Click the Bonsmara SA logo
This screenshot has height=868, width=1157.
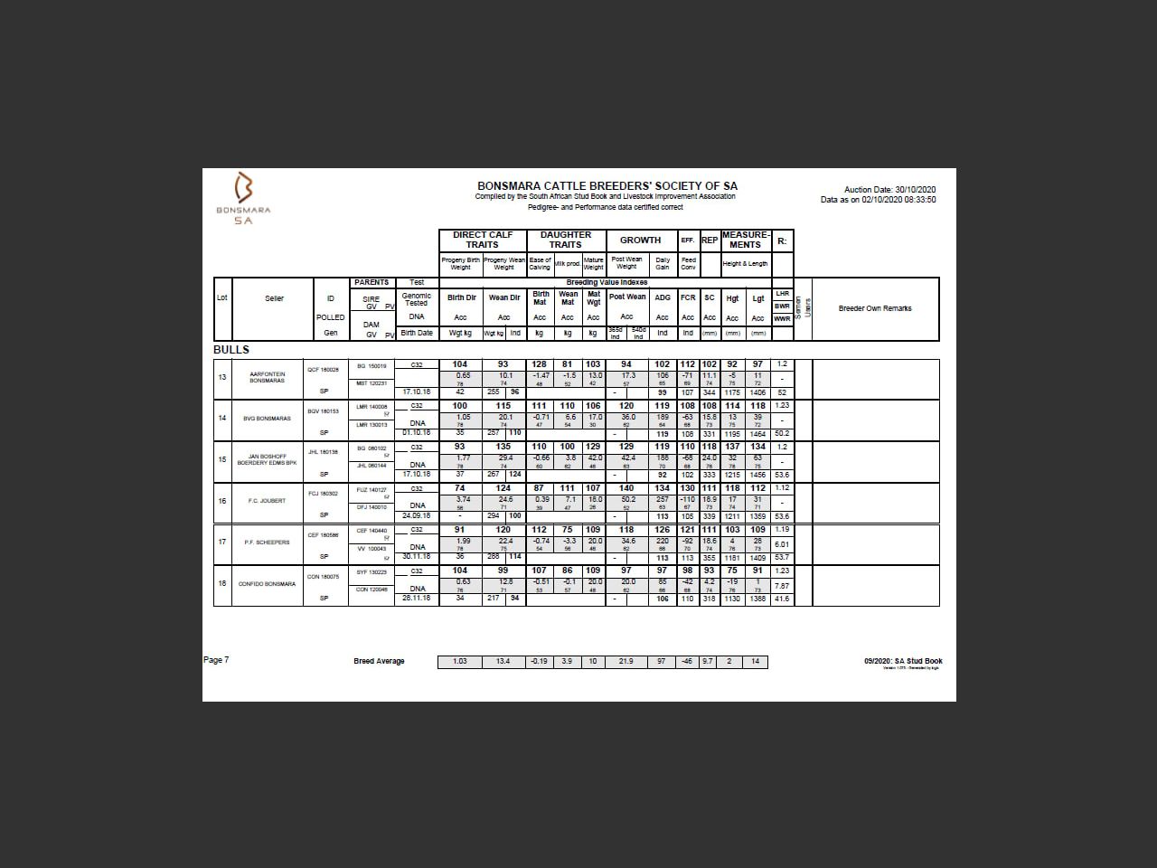[243, 197]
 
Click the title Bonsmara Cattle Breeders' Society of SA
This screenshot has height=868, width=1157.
[607, 186]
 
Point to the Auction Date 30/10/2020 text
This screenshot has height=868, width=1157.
[889, 190]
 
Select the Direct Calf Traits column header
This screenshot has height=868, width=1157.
[482, 240]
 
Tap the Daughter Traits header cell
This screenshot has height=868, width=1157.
[566, 240]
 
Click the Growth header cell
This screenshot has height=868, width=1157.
[640, 240]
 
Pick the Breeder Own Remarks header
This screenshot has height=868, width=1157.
[875, 308]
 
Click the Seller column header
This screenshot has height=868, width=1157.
[274, 298]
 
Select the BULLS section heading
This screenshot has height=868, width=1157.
[231, 350]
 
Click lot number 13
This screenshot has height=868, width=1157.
[222, 377]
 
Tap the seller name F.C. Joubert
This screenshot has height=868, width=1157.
[267, 501]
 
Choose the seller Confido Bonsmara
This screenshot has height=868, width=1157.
[267, 584]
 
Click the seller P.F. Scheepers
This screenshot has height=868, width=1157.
[267, 542]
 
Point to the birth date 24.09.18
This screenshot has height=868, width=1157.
[416, 516]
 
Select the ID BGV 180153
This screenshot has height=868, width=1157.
[323, 411]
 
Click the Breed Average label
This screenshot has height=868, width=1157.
[379, 661]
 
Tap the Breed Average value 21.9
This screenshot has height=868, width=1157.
[626, 661]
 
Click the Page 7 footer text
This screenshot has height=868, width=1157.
[216, 660]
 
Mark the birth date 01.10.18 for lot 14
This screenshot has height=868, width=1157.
[416, 433]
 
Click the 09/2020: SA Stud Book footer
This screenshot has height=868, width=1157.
[902, 661]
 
